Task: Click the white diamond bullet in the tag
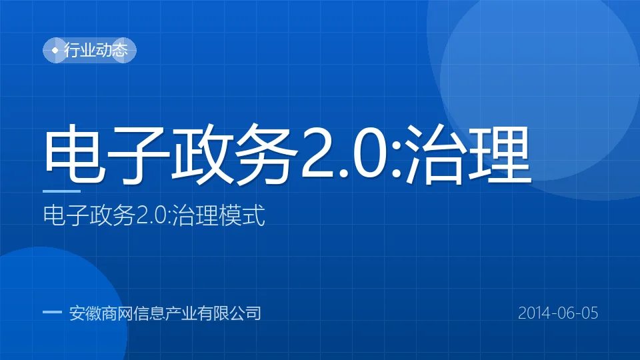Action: pyautogui.click(x=55, y=50)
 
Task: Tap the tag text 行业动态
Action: pyautogui.click(x=96, y=50)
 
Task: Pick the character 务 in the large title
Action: pyautogui.click(x=266, y=153)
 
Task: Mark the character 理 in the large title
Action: pyautogui.click(x=499, y=153)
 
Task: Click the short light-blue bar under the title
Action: pyautogui.click(x=61, y=191)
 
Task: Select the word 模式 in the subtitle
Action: pyautogui.click(x=242, y=215)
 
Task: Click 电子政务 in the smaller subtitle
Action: pyautogui.click(x=89, y=215)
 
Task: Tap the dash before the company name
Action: pyautogui.click(x=52, y=312)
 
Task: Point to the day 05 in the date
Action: pyautogui.click(x=589, y=313)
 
